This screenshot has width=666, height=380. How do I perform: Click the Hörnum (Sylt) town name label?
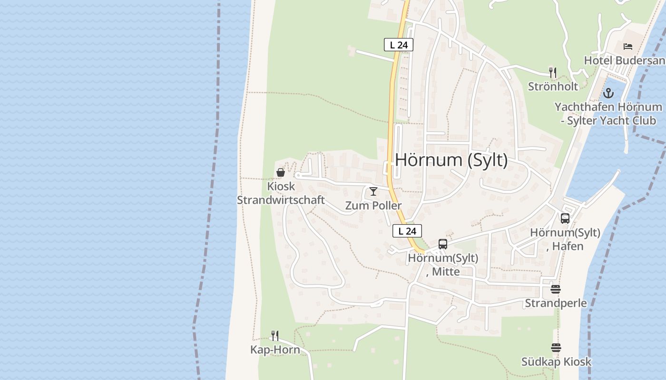(x=451, y=160)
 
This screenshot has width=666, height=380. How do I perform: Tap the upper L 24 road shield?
(x=399, y=45)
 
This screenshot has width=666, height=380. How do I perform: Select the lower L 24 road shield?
(x=407, y=231)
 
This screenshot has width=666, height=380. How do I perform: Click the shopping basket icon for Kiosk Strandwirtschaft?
(x=281, y=172)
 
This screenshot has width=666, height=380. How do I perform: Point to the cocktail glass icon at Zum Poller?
(x=373, y=191)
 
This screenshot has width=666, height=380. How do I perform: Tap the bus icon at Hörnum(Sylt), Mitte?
(x=443, y=244)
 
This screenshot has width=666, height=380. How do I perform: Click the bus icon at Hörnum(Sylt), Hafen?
(x=565, y=218)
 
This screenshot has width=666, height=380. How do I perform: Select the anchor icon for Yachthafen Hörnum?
(x=608, y=93)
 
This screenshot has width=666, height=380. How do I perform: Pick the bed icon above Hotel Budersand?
(x=628, y=47)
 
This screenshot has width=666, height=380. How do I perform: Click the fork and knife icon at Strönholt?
(x=553, y=73)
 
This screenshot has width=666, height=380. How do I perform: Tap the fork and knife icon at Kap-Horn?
(x=275, y=336)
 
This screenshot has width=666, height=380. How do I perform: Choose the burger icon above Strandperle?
(x=556, y=289)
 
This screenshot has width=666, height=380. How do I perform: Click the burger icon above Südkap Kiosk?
(x=556, y=348)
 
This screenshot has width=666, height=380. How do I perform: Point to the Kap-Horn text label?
(x=275, y=350)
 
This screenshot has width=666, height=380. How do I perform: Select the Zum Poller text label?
(x=373, y=206)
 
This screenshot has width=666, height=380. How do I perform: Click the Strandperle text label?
(x=556, y=303)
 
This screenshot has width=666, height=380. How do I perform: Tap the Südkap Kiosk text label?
(x=556, y=362)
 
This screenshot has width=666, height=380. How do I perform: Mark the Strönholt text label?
(x=553, y=86)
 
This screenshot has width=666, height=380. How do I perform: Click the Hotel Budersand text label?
(x=624, y=61)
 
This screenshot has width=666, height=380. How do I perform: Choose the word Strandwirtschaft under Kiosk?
(x=281, y=200)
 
